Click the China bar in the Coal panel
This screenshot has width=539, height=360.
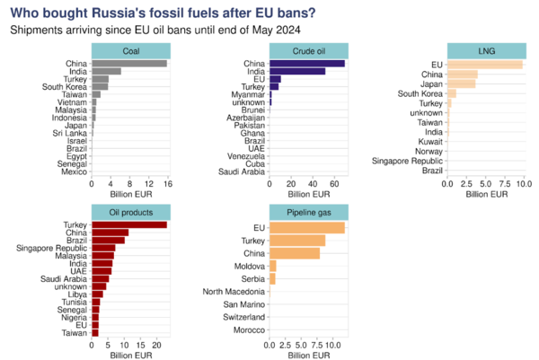(129, 63)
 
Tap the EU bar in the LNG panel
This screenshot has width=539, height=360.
(484, 65)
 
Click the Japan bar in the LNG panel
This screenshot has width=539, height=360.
(461, 83)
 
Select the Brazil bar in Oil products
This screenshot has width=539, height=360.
(108, 240)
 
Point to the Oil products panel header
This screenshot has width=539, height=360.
(129, 212)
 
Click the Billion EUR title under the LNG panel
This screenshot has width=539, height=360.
(484, 194)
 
